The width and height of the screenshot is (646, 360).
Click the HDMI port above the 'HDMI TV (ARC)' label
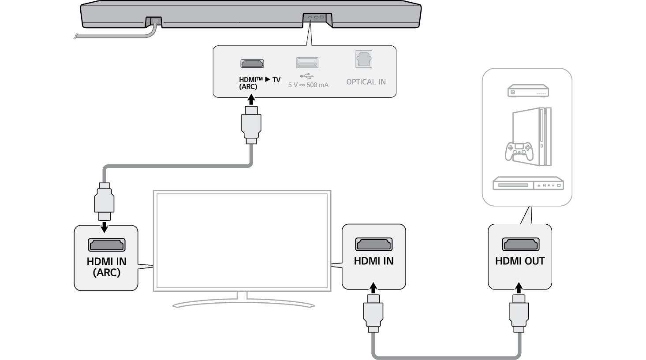[x=252, y=63]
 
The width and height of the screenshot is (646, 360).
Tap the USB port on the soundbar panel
[x=307, y=63]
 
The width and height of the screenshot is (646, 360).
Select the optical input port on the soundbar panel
[x=364, y=59]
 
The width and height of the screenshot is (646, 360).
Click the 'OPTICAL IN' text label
[x=366, y=82]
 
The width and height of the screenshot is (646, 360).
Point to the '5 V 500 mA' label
[x=308, y=85]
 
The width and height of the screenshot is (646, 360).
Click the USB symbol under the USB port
[x=307, y=75]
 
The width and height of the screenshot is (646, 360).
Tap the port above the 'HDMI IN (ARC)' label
[x=107, y=245]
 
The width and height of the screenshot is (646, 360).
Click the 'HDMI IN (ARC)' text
[x=107, y=267]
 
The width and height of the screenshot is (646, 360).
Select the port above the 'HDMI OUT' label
[x=520, y=244]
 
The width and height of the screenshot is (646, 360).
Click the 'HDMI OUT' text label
[x=520, y=261]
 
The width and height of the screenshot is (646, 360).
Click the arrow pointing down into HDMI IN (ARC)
[x=105, y=226]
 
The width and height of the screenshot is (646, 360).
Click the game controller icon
[x=519, y=151]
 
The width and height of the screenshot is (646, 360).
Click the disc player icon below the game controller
[x=528, y=184]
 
